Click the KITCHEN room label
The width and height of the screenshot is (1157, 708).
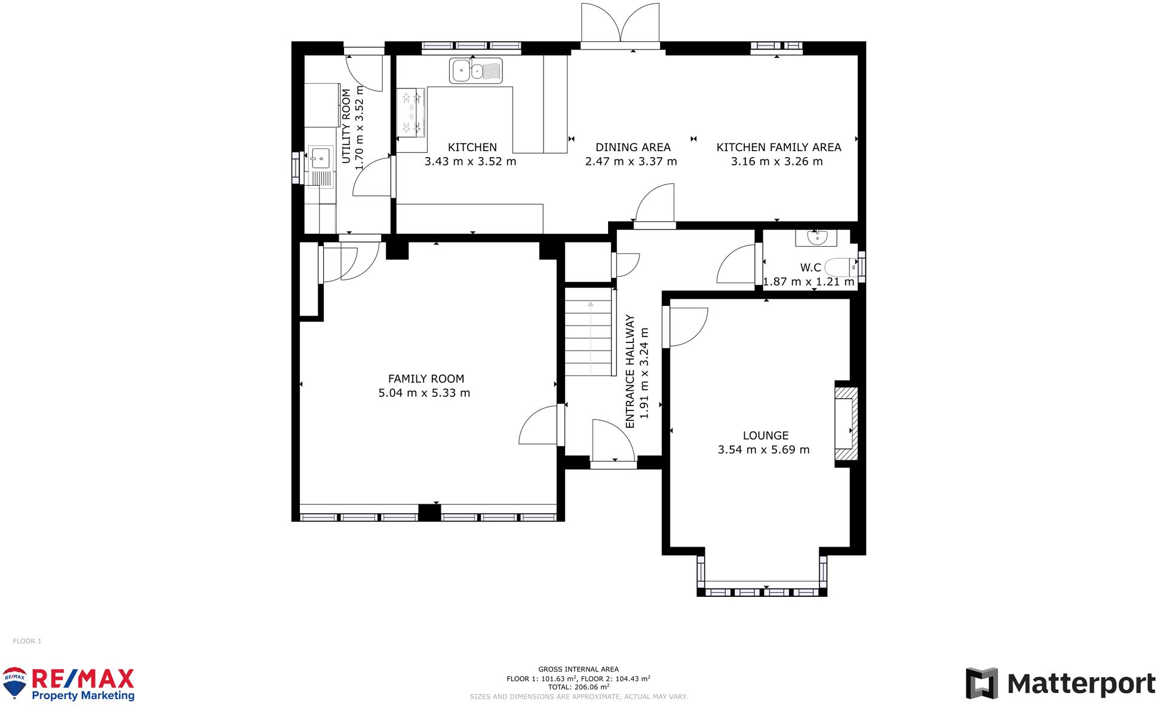click(x=472, y=147)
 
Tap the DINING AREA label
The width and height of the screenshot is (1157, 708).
click(x=633, y=147)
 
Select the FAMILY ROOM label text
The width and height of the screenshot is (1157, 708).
click(x=426, y=379)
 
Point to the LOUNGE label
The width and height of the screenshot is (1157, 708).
click(x=766, y=436)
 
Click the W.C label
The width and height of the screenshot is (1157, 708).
click(x=811, y=268)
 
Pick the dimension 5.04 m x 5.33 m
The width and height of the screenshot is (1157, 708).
click(x=424, y=393)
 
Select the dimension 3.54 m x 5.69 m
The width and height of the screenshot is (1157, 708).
click(x=763, y=450)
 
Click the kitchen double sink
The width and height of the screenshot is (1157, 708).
click(x=475, y=71)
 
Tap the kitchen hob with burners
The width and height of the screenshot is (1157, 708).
click(x=411, y=112)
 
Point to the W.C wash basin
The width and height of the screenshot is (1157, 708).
click(x=817, y=238)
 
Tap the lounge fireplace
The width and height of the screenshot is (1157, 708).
click(x=846, y=424)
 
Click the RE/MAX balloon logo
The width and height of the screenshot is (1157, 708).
click(x=15, y=683)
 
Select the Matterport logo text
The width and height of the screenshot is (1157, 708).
click(x=1081, y=684)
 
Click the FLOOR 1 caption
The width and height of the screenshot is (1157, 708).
click(x=27, y=641)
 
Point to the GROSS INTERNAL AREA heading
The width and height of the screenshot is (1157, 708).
click(x=578, y=669)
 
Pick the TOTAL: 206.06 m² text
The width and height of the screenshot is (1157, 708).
click(x=578, y=687)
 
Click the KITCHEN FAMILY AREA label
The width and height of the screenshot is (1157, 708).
click(x=779, y=147)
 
